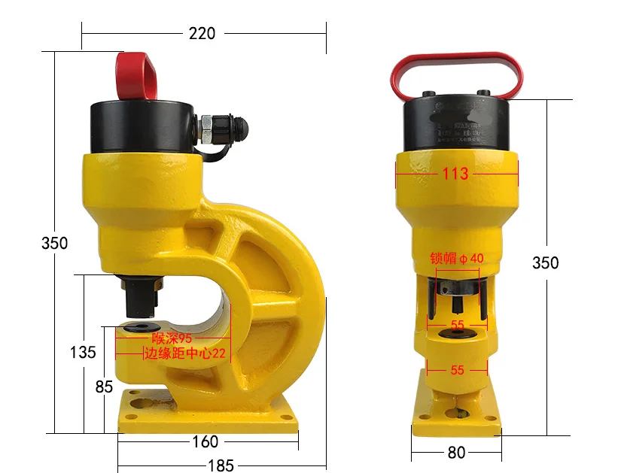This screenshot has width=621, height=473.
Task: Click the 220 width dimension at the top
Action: coord(201,33)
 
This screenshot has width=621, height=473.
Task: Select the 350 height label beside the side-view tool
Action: coord(54,243)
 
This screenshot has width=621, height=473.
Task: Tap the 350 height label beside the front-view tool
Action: coord(545,262)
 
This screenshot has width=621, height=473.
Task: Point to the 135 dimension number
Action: coord(83,352)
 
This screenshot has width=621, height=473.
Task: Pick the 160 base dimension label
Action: coord(205,442)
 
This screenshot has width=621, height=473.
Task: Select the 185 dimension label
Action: coord(220,465)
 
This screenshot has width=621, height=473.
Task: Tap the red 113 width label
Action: coord(455,174)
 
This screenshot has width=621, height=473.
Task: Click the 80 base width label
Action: coord(456,452)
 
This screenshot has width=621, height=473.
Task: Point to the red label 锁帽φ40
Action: coord(457,258)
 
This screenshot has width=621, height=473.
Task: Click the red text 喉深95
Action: coord(172,338)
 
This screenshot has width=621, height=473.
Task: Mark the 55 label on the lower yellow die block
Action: coord(457,370)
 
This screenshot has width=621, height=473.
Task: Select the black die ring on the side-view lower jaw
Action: coord(139,328)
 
